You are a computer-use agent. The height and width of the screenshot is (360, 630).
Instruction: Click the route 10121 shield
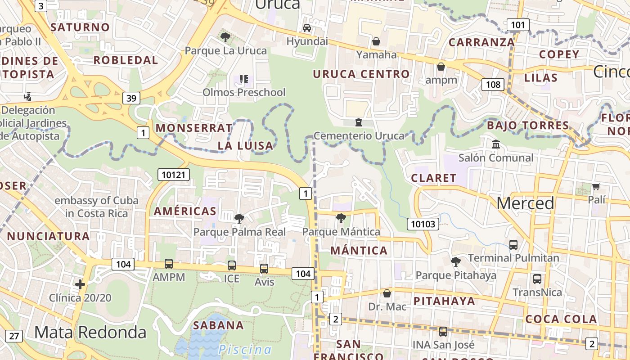tap(174, 175)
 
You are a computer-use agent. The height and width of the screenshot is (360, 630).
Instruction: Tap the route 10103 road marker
tap(423, 224)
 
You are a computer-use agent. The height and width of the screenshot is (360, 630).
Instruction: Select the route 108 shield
tap(493, 84)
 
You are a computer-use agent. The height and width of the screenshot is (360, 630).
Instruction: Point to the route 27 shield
tap(14, 336)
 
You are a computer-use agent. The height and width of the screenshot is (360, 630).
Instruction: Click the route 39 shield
tap(131, 98)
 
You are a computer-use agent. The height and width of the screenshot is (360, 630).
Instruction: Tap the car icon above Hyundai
tap(307, 28)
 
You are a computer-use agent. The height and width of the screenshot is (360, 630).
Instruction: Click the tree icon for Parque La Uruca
tap(225, 37)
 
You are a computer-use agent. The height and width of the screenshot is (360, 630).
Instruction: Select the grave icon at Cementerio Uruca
tap(359, 122)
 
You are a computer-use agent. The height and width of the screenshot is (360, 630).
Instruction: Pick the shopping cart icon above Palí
tap(596, 186)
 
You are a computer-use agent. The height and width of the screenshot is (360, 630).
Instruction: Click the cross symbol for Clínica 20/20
tap(80, 284)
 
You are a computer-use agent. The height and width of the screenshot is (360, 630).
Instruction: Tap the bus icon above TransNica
tap(537, 279)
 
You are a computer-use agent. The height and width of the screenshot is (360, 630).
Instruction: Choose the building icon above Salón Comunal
tap(496, 144)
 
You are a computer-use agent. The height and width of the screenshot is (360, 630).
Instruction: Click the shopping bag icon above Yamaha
tap(376, 42)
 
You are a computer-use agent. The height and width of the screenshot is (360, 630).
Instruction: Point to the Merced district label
tap(525, 203)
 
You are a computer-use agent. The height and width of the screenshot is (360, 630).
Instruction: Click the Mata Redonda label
tap(90, 333)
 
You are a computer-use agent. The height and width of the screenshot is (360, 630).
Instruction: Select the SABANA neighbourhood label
tap(218, 325)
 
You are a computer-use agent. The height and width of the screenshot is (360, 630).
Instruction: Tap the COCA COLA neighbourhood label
tap(561, 319)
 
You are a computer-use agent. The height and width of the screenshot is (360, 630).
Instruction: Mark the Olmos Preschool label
tap(244, 92)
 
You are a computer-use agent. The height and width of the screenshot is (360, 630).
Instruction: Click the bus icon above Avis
tap(264, 269)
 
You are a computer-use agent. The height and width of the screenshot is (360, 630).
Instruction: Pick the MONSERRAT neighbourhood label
tap(194, 128)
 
